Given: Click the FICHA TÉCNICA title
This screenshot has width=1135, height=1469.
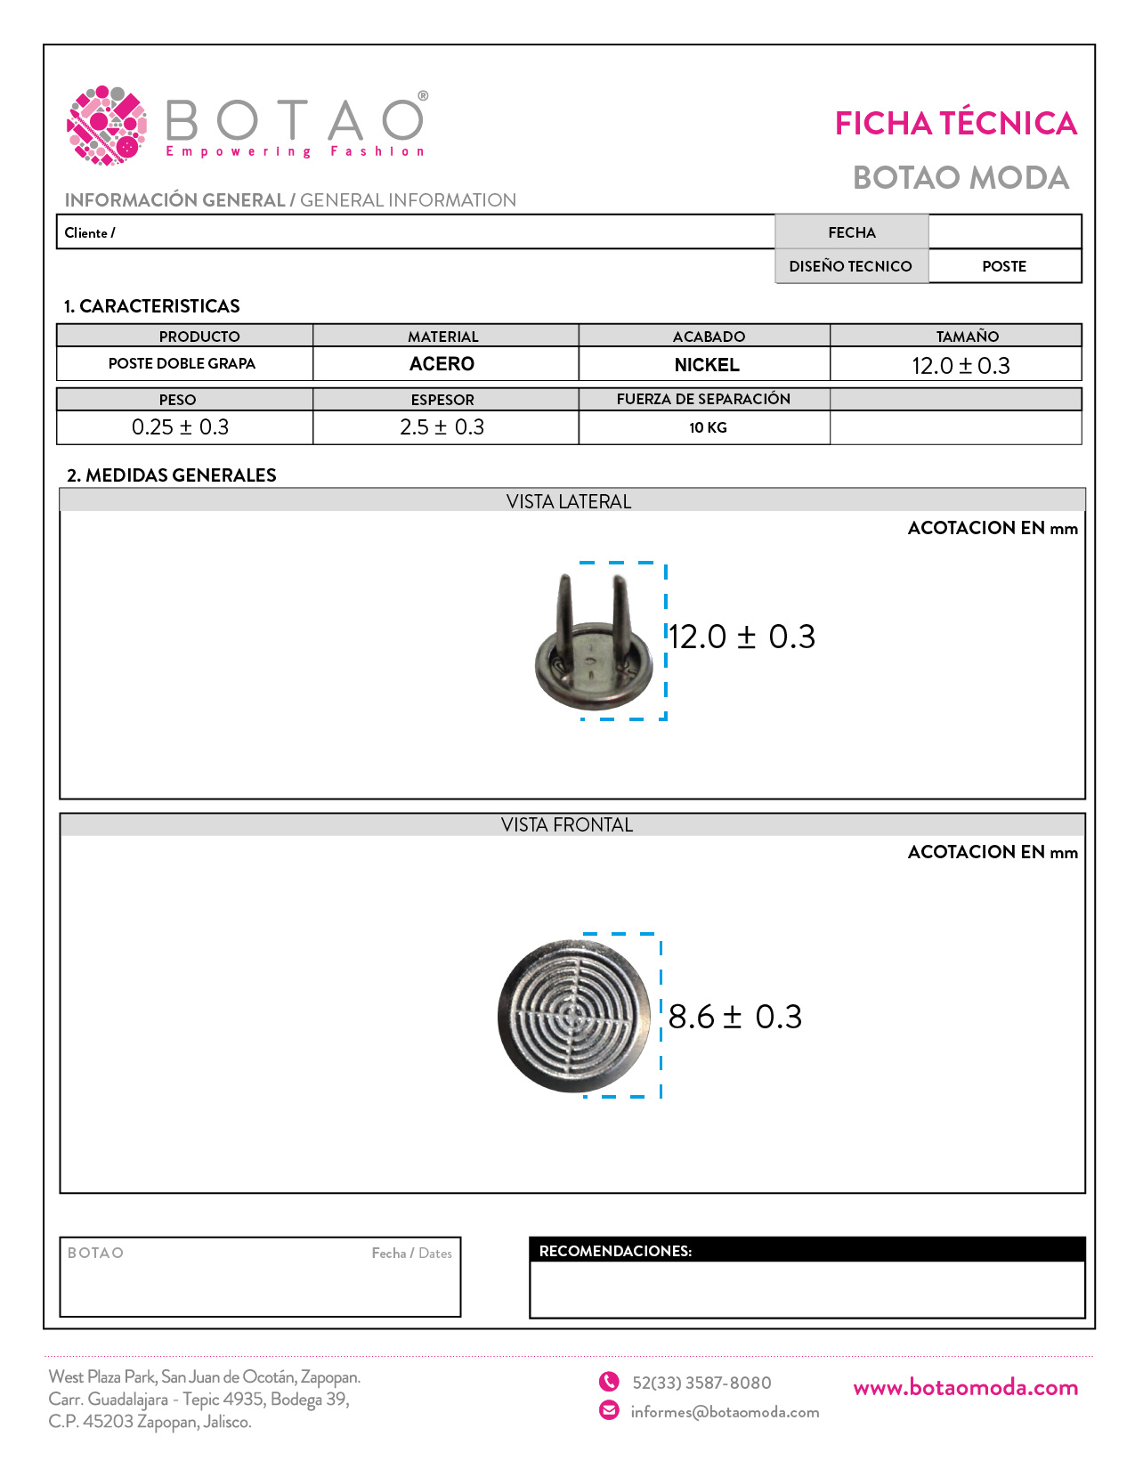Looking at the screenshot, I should (x=955, y=124).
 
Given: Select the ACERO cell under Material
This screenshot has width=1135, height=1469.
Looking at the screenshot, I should (x=442, y=364).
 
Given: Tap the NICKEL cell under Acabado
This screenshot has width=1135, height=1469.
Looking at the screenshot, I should (x=707, y=365).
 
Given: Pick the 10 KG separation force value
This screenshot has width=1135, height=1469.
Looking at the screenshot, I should (x=708, y=428).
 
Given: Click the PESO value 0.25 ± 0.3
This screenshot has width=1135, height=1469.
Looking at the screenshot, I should (x=180, y=427).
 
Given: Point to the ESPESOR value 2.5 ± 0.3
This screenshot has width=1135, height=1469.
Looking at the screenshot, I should (x=442, y=427).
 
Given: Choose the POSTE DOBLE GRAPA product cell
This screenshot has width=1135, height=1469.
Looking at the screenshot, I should (x=182, y=364).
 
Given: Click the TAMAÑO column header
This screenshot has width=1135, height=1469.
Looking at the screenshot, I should (x=967, y=337).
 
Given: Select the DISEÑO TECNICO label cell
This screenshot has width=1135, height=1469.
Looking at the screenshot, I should (x=850, y=266).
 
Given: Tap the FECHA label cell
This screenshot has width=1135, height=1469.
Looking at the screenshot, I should (x=852, y=232).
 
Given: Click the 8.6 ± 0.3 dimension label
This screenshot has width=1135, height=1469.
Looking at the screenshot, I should (x=735, y=1017).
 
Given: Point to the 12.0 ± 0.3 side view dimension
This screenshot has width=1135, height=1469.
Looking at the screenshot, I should (x=742, y=637).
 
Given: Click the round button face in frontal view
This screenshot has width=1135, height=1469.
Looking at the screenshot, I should (x=575, y=1016).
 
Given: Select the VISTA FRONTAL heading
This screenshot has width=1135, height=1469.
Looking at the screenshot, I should (x=567, y=825).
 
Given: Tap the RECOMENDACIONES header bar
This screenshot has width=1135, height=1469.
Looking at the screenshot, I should (x=807, y=1251).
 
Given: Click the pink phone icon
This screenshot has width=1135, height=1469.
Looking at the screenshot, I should (x=609, y=1382).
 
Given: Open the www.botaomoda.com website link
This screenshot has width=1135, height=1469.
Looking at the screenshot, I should (x=965, y=1388).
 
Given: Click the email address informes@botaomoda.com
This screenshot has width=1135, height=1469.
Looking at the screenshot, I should (x=725, y=1412).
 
